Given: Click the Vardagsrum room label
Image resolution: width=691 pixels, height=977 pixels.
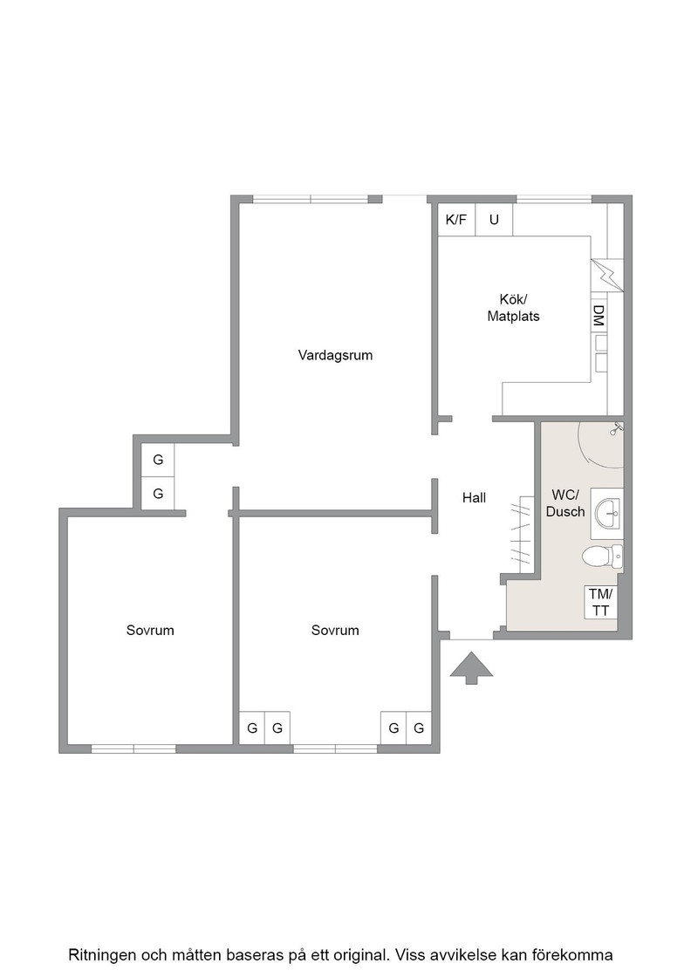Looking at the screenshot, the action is pyautogui.click(x=335, y=356).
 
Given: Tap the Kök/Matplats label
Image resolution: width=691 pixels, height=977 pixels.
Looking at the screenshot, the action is pyautogui.click(x=513, y=308).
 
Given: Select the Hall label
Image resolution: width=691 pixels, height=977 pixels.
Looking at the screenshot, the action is pyautogui.click(x=474, y=498).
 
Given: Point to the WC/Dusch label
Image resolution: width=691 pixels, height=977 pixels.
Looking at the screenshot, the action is pyautogui.click(x=565, y=503).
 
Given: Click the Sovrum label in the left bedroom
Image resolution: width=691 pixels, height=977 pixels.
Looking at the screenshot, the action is pyautogui.click(x=150, y=630).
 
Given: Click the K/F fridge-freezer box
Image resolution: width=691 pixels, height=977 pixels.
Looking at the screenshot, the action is pyautogui.click(x=456, y=219).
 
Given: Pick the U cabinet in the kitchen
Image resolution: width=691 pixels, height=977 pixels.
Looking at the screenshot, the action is pyautogui.click(x=494, y=219).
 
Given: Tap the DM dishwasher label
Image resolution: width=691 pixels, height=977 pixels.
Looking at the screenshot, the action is pyautogui.click(x=599, y=316).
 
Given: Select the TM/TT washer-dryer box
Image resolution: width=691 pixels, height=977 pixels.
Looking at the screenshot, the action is pyautogui.click(x=600, y=602).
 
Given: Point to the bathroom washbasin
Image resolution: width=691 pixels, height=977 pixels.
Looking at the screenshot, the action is pyautogui.click(x=607, y=514).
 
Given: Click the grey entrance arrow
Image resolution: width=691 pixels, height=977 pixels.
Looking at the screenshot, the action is pyautogui.click(x=472, y=668).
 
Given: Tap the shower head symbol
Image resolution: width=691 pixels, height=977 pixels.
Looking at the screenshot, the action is pyautogui.click(x=616, y=428).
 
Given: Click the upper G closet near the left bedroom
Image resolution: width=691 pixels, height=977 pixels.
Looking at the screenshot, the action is pyautogui.click(x=158, y=460).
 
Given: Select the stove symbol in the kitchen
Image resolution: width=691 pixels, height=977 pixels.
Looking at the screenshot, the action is pyautogui.click(x=607, y=275).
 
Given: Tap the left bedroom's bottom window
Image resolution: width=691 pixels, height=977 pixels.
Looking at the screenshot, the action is pyautogui.click(x=133, y=749).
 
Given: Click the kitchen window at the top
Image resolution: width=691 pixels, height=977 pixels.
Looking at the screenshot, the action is pyautogui.click(x=554, y=200).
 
